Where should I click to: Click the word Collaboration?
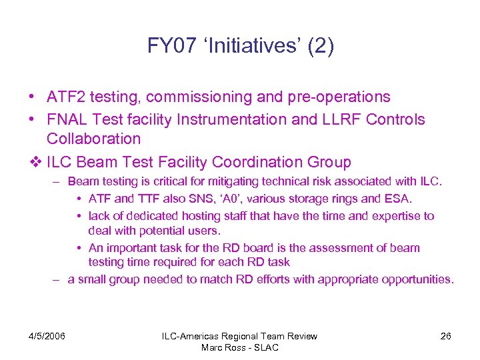pos(94,139)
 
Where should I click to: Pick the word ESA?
pos(400,198)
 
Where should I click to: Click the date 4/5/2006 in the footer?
pos(47,336)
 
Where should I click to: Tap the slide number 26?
pos(445,336)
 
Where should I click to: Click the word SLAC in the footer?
pos(265,347)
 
